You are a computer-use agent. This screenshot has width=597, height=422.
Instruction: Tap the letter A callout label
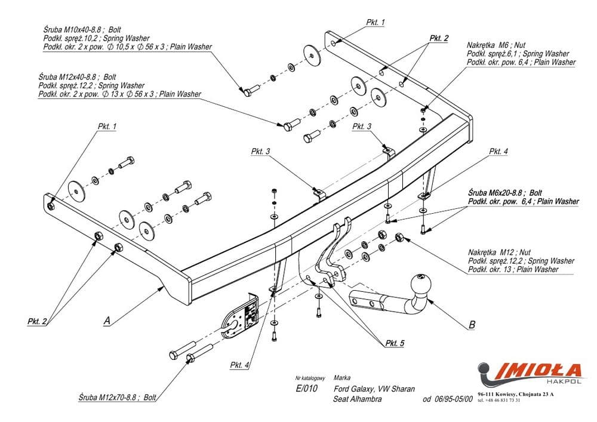pos(107,321)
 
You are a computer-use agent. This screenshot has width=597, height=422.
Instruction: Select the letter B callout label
pos(472,325)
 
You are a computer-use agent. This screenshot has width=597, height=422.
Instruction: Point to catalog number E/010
pos(307,389)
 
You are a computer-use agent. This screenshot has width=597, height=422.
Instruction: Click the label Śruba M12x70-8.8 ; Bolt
pos(117,397)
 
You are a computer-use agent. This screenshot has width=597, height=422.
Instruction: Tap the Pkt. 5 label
pos(395,343)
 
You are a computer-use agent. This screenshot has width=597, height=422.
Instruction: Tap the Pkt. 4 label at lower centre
pos(239,365)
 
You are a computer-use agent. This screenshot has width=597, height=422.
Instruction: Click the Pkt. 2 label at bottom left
pos(38,321)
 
